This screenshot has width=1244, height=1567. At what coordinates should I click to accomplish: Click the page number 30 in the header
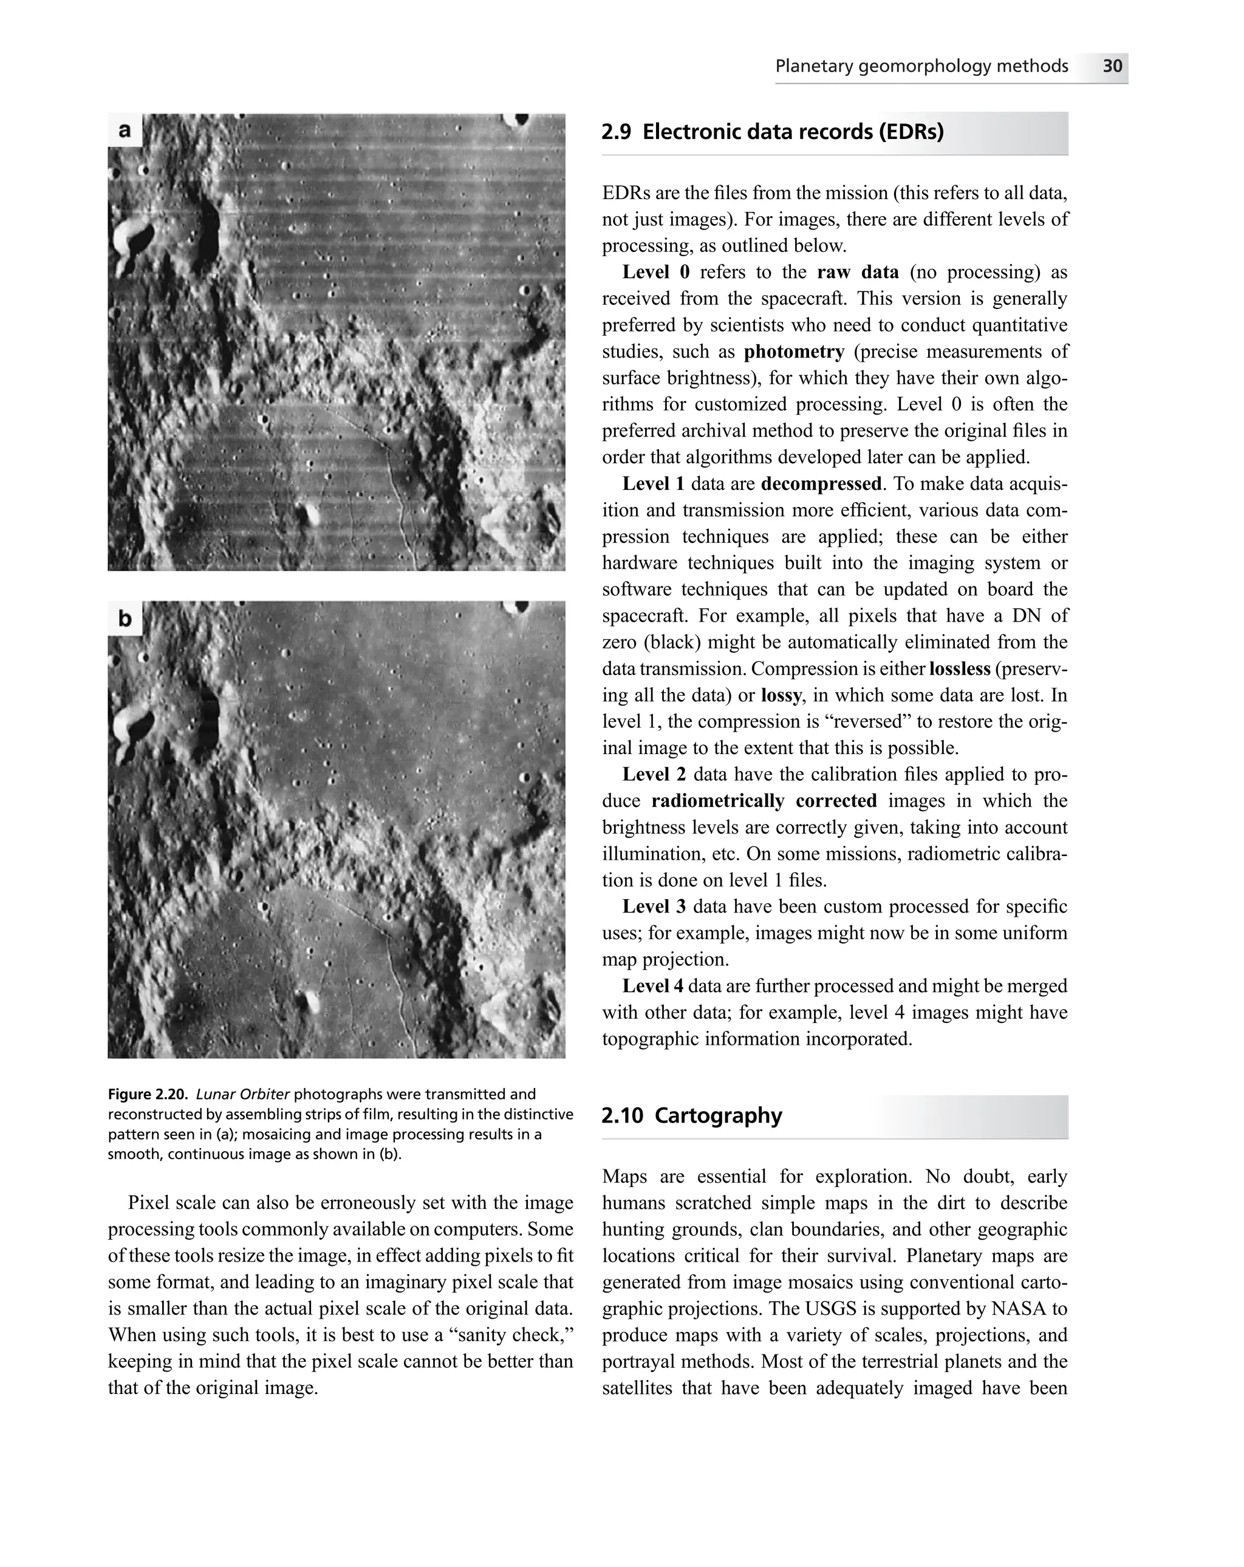1112,66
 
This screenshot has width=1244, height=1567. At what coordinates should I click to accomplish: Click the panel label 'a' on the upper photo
125,130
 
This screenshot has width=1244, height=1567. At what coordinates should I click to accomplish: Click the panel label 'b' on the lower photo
125,618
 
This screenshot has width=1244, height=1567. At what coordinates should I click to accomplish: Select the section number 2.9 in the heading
616,132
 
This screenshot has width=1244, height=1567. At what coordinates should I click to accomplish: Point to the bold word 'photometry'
793,352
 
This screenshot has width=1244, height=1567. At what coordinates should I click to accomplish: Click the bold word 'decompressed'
820,484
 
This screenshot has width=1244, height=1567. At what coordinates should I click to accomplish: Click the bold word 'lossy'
781,696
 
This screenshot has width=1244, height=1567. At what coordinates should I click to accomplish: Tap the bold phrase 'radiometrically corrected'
764,801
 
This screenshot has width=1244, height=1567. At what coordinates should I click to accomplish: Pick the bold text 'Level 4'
653,985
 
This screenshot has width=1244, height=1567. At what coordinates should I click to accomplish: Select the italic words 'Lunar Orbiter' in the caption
243,1094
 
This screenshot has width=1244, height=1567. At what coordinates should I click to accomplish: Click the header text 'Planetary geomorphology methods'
921,66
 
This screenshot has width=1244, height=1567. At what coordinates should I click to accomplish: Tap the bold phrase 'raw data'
857,272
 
